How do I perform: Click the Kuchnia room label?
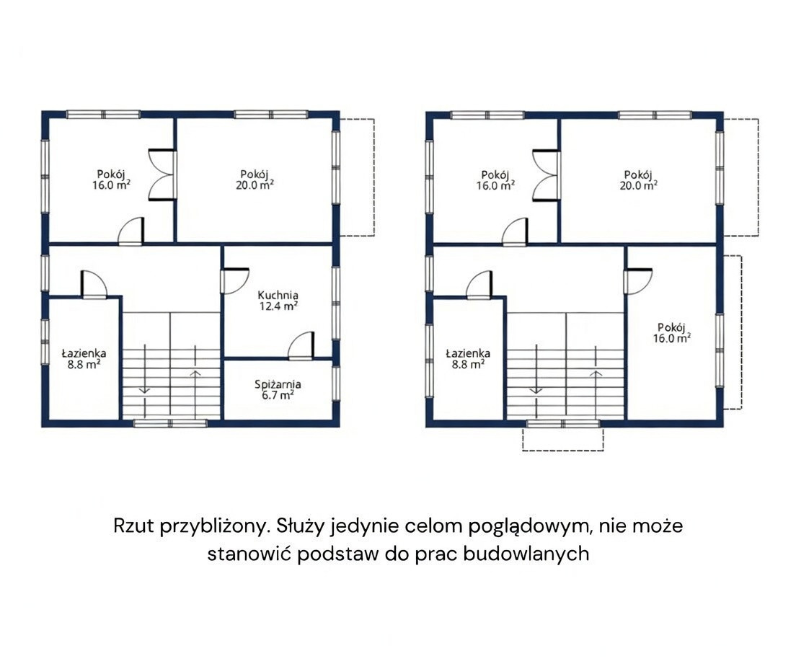(278, 295)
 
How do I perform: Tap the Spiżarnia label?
(278, 384)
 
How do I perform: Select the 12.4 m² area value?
(278, 306)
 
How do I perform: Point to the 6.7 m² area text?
(278, 395)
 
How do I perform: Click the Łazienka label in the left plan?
(84, 353)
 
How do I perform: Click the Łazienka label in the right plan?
(468, 353)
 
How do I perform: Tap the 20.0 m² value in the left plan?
(255, 185)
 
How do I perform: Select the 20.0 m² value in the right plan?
(639, 185)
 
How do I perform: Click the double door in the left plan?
(162, 175)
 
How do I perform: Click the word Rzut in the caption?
(133, 526)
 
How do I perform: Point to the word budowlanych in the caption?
(526, 553)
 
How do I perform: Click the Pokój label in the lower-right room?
(672, 327)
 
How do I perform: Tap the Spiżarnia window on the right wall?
(335, 384)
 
